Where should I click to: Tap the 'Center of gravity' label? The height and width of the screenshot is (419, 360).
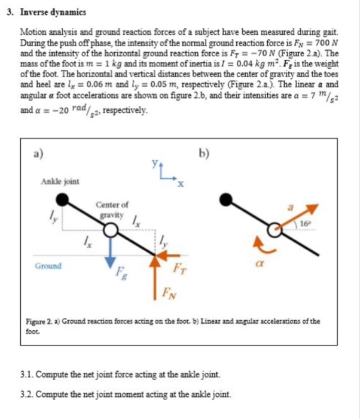click(x=112, y=209)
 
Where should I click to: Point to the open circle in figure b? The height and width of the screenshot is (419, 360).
click(x=274, y=229)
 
